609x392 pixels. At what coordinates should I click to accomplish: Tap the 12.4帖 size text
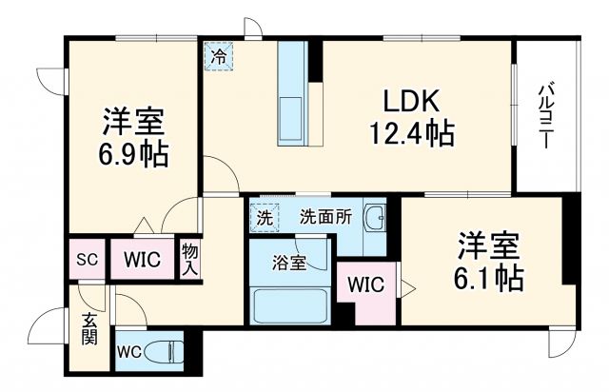click(x=410, y=133)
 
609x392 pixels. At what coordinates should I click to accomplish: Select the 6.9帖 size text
click(x=133, y=153)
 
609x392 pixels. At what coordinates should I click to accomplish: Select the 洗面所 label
click(x=325, y=216)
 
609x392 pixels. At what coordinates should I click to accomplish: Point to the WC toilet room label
click(x=129, y=351)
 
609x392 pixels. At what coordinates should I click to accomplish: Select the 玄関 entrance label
click(x=87, y=329)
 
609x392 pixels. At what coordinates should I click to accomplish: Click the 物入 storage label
click(x=189, y=259)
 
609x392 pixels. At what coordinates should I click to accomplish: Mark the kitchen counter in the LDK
click(x=290, y=94)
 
